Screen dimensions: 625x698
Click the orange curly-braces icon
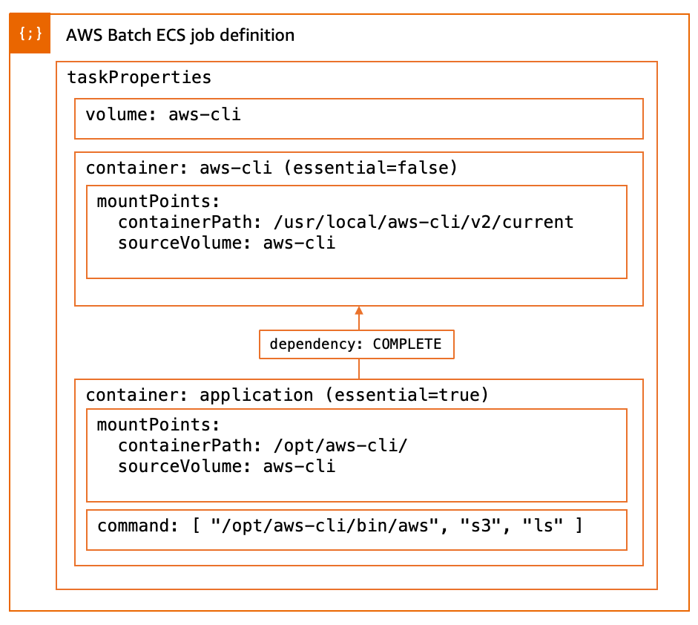click(x=30, y=33)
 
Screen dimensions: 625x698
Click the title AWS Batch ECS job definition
click(x=180, y=35)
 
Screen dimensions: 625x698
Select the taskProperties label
click(x=139, y=77)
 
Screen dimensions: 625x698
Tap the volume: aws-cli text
click(x=163, y=115)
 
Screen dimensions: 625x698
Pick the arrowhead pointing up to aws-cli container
click(x=359, y=311)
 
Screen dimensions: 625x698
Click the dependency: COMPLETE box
click(x=356, y=344)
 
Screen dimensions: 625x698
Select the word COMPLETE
click(x=406, y=344)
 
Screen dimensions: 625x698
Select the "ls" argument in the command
click(x=542, y=526)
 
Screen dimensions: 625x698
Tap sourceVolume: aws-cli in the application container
click(x=226, y=466)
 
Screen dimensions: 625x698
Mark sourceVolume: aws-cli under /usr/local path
click(x=226, y=243)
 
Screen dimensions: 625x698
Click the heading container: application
click(x=200, y=395)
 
